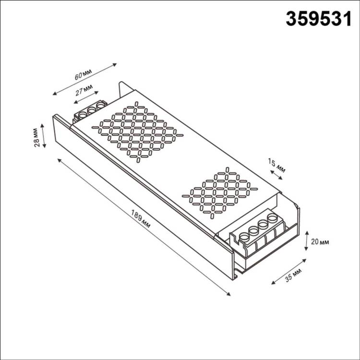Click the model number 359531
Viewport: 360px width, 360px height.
[x=319, y=19]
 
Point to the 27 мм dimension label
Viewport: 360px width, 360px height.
[x=84, y=89]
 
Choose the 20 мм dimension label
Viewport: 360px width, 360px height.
[x=320, y=242]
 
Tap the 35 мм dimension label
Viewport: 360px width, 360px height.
[x=293, y=276]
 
